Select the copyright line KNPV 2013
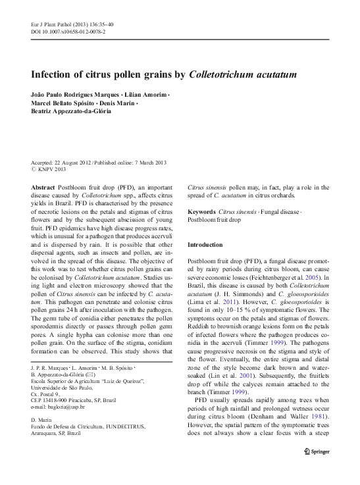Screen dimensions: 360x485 pos(53,170)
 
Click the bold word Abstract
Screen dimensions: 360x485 pos(43,187)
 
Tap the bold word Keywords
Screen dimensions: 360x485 pos(203,211)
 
